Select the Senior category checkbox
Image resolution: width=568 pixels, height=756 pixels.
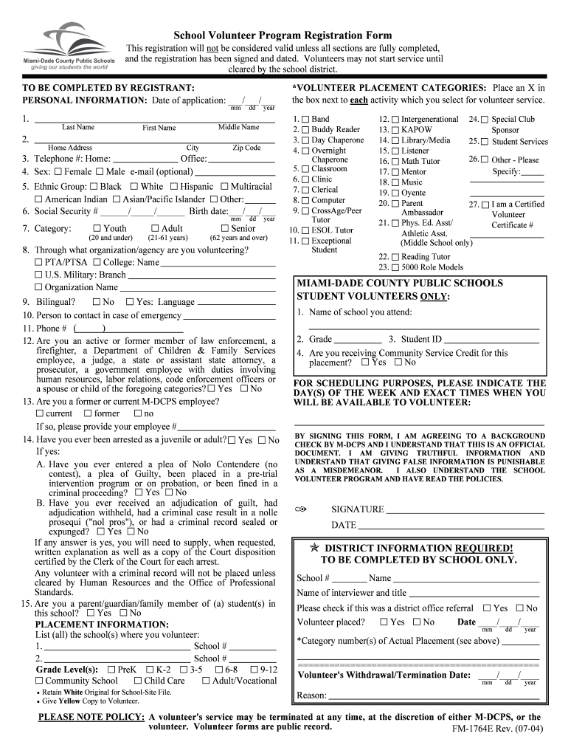tap(225, 228)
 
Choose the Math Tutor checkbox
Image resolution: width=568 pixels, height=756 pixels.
tap(395, 161)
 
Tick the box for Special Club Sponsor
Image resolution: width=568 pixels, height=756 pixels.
tap(485, 120)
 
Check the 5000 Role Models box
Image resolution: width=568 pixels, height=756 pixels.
tap(395, 267)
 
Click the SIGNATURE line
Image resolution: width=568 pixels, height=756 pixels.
tap(465, 509)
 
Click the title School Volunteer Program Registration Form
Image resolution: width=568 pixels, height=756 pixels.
tap(283, 35)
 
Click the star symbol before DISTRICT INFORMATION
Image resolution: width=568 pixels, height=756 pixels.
tap(314, 549)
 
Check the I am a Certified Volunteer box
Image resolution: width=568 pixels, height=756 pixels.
tap(485, 205)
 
